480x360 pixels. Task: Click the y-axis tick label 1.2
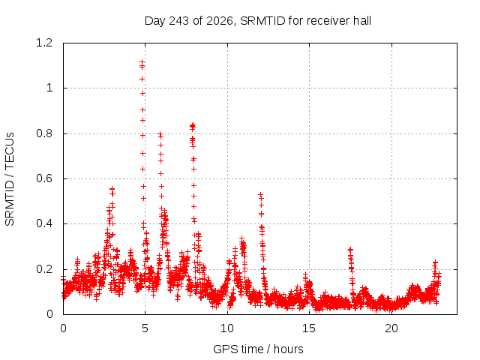tap(44, 43)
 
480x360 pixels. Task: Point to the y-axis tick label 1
tap(49, 88)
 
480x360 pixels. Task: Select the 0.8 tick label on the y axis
tap(44, 133)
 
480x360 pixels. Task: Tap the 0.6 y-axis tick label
tap(44, 178)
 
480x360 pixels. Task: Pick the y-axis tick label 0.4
tap(44, 223)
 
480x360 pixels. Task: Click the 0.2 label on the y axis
tap(44, 269)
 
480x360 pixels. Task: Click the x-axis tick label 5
tap(145, 328)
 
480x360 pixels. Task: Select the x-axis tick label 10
tap(227, 328)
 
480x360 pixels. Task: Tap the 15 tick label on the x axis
tap(309, 328)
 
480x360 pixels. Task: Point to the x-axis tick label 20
tap(391, 328)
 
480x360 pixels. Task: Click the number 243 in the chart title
tap(179, 21)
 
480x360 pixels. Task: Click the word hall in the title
tap(361, 21)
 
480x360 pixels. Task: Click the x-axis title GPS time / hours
tap(258, 349)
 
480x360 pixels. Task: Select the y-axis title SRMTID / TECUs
tap(10, 179)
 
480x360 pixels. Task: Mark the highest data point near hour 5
tap(142, 62)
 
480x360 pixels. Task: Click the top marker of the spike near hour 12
tap(260, 194)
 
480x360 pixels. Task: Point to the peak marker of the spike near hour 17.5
tap(350, 250)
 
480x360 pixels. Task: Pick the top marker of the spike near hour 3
tap(112, 189)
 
